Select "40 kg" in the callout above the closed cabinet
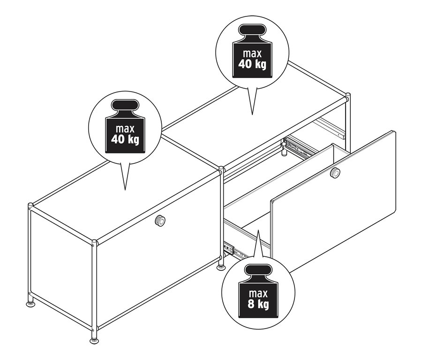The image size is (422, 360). tap(125, 139)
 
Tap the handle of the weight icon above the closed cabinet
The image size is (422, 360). tap(125, 106)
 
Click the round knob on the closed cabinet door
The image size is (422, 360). tap(161, 221)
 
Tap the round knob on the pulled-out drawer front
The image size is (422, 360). tap(335, 173)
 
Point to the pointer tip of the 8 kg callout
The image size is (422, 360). tap(258, 230)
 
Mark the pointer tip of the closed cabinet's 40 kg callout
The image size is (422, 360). tap(125, 190)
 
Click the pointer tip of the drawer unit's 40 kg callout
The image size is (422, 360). tap(252, 114)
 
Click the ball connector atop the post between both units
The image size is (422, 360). tap(220, 168)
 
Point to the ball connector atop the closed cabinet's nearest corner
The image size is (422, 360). tap(94, 242)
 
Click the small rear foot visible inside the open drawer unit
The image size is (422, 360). tap(284, 151)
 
